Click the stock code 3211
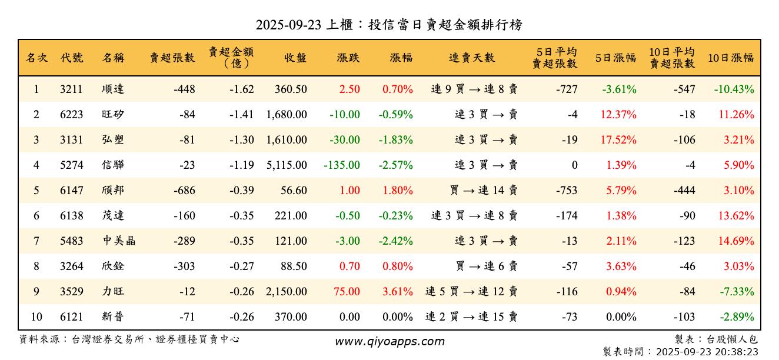[71, 89]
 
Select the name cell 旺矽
[112, 115]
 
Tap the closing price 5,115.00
[287, 165]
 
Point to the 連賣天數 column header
[472, 58]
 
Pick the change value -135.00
[342, 165]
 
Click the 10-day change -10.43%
[734, 89]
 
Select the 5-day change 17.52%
[618, 140]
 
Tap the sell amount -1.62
[242, 89]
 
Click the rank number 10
[36, 317]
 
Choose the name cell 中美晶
[118, 241]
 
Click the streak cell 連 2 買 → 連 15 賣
[471, 317]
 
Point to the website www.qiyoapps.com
[389, 341]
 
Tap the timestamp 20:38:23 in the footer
[734, 351]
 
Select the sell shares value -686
[184, 191]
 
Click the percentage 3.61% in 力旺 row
[398, 292]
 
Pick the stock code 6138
[71, 216]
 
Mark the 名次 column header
[36, 58]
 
